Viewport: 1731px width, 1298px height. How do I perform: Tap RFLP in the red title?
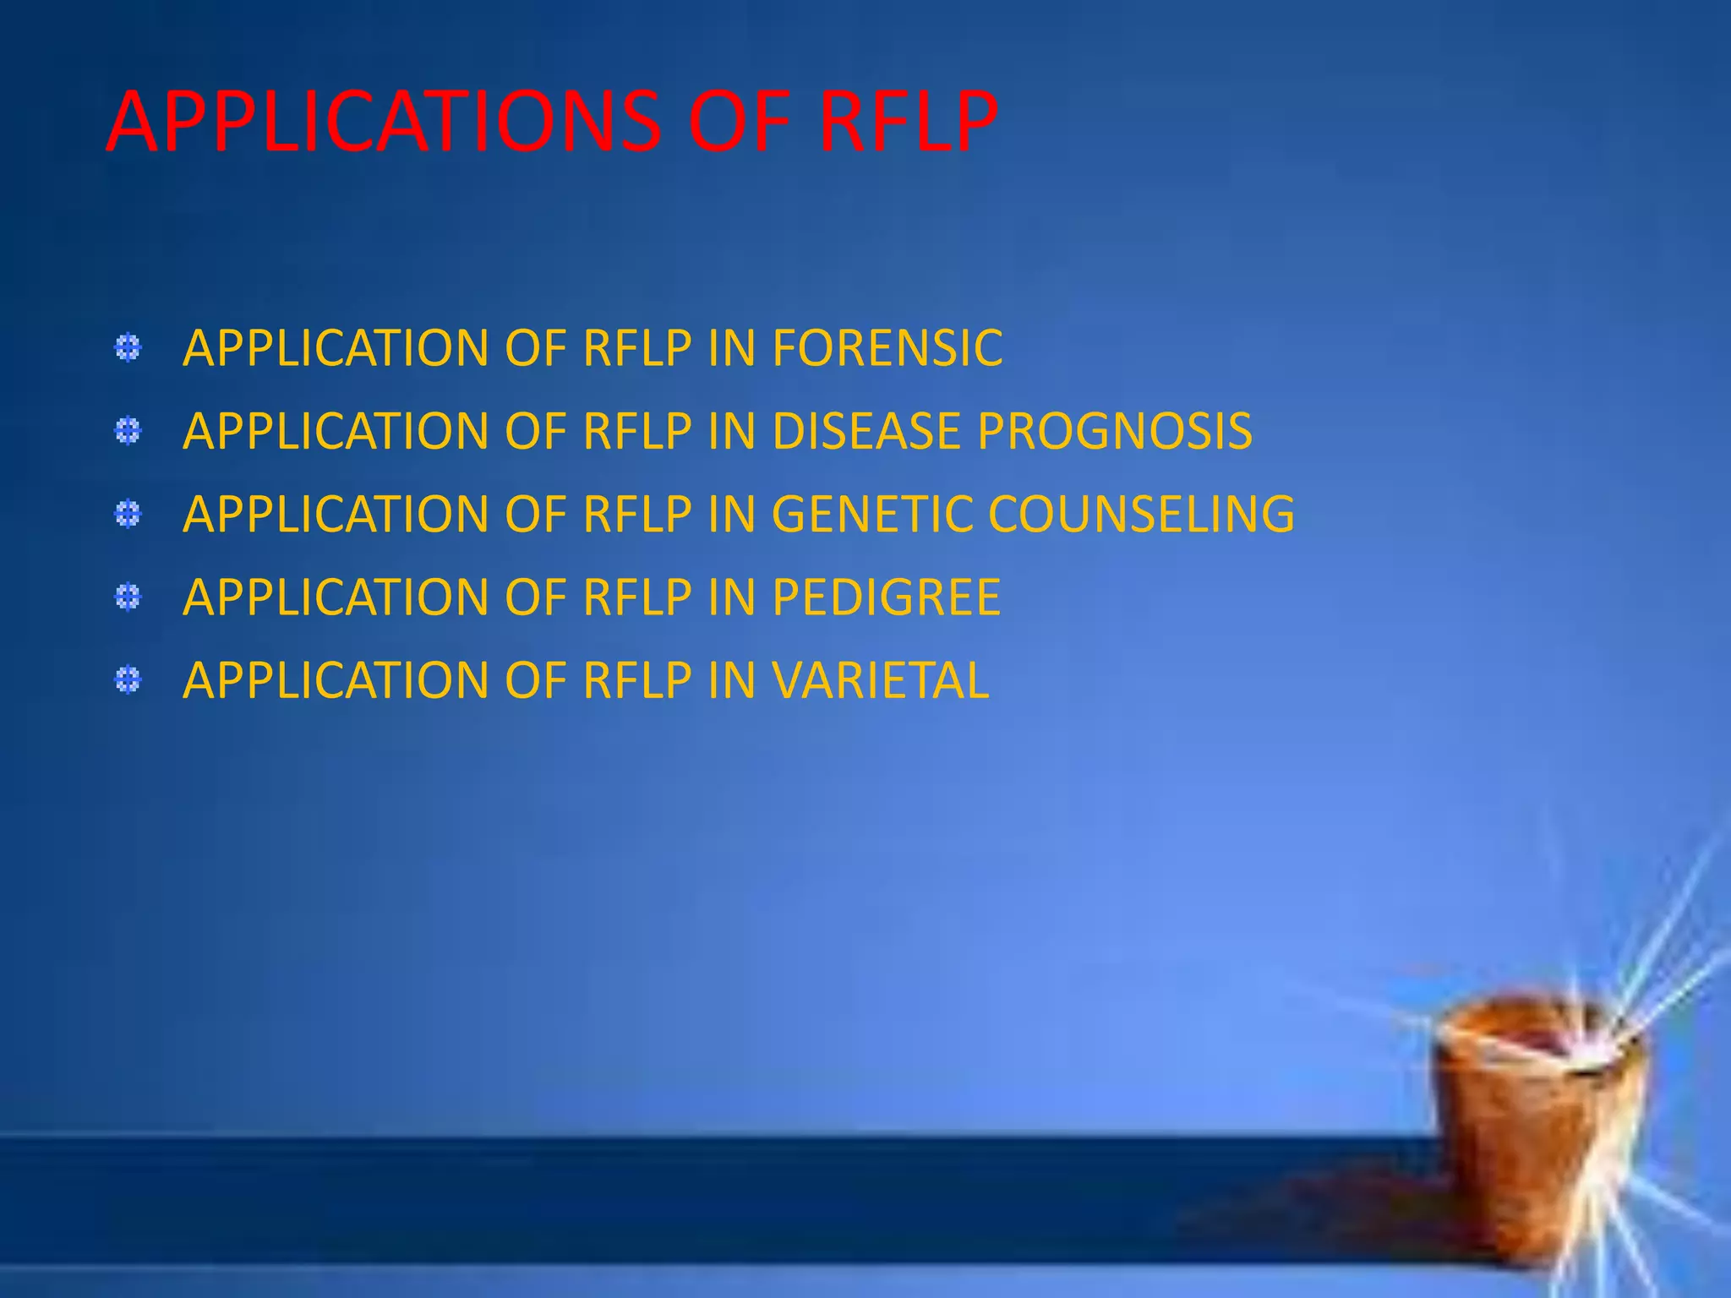point(909,123)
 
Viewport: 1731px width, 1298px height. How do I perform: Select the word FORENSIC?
point(887,348)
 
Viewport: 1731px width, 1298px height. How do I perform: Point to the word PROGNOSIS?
point(1115,431)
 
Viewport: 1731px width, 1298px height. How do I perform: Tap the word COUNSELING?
point(1141,514)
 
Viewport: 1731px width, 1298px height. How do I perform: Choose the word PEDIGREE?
point(886,597)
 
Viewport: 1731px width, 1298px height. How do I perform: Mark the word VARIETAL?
point(880,680)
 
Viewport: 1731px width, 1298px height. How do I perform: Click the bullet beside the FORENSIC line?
point(128,348)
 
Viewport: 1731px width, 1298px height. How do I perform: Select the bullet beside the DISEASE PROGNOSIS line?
point(128,432)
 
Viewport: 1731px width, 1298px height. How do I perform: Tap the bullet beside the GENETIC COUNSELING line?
point(128,514)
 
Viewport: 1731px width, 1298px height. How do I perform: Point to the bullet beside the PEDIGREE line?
point(128,597)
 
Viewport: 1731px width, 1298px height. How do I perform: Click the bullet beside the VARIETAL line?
point(128,680)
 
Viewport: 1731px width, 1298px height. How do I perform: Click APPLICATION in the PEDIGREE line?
point(336,597)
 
